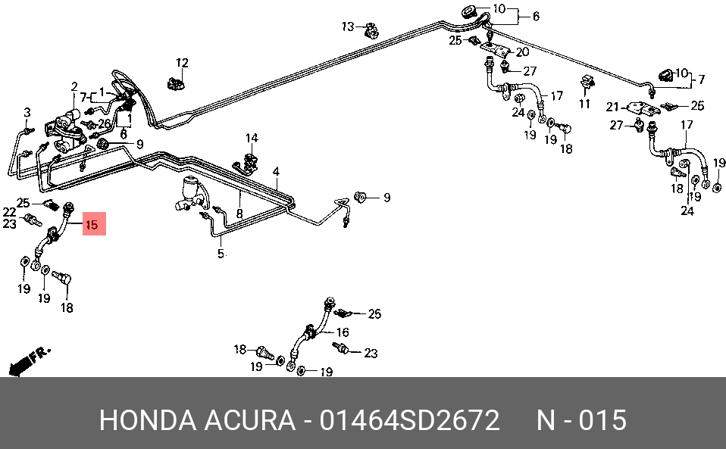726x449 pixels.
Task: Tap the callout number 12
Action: point(182,62)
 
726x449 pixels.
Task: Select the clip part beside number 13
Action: point(371,32)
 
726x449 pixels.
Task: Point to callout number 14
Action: point(251,138)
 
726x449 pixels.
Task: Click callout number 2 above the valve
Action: point(74,86)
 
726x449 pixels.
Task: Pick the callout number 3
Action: point(27,113)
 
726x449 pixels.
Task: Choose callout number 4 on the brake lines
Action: point(277,171)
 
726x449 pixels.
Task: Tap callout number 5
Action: point(221,254)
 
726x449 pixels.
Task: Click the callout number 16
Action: point(342,332)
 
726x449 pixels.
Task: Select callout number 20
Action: point(522,52)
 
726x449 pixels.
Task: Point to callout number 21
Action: point(612,107)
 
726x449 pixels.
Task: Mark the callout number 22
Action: point(8,211)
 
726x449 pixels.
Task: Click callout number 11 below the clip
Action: point(584,103)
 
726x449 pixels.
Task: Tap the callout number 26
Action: point(105,123)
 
